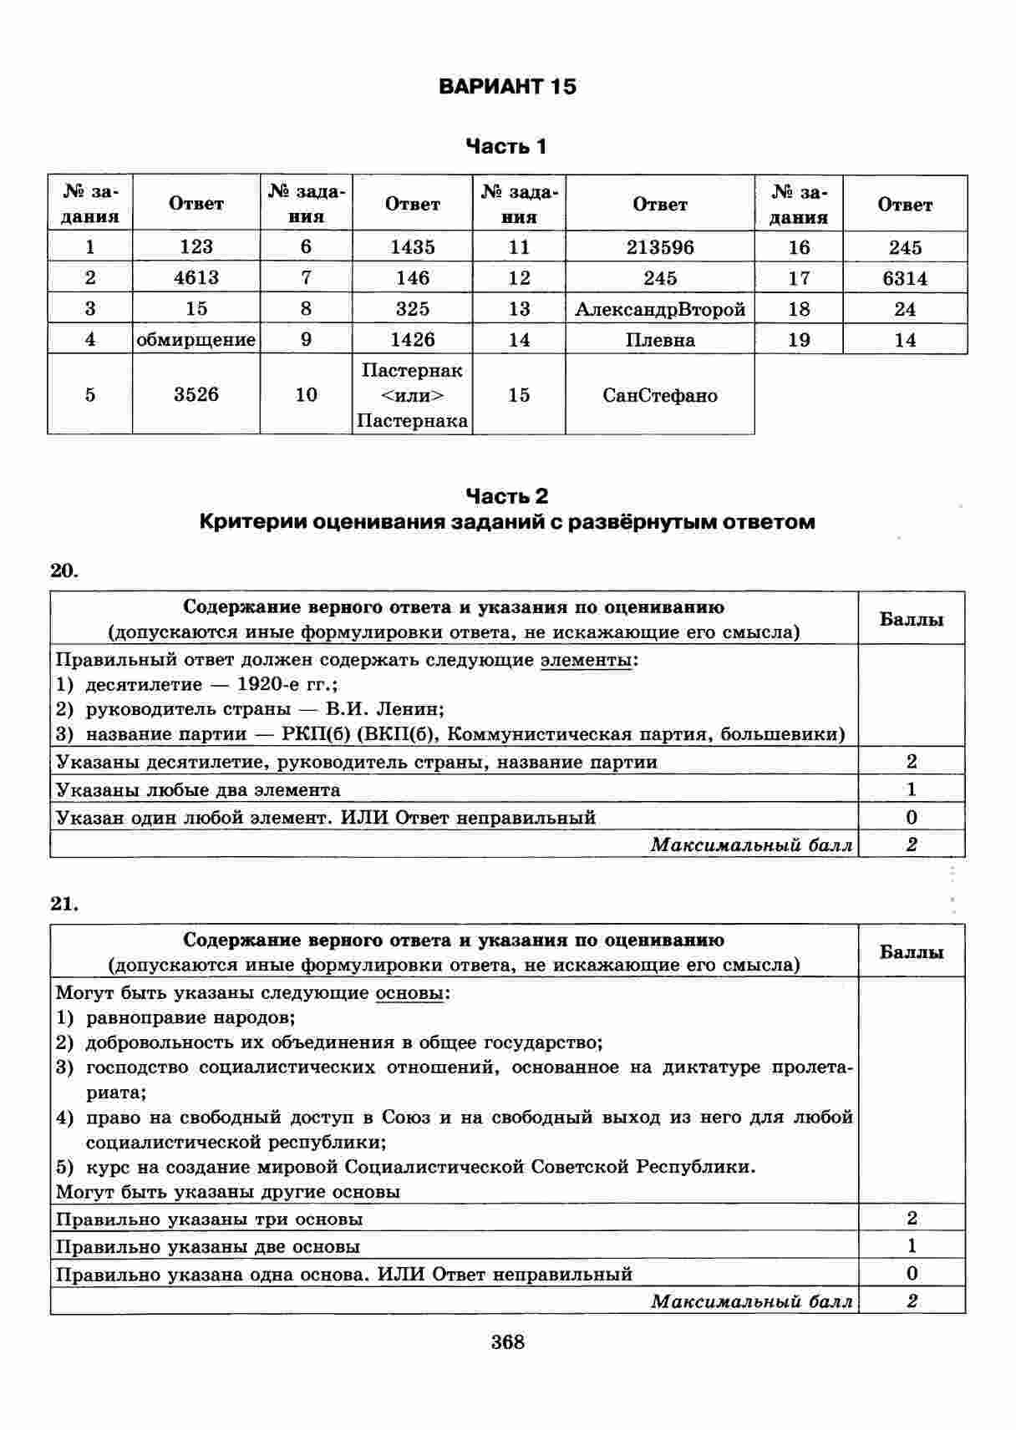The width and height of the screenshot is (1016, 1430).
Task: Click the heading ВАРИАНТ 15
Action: (507, 87)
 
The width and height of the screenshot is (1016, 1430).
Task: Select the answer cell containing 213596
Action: (659, 247)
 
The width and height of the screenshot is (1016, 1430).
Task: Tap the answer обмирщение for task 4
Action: (196, 340)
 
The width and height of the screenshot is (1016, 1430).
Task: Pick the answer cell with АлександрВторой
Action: (659, 309)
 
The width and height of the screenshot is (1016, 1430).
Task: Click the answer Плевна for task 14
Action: (659, 340)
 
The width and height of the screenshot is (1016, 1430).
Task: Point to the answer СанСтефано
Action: (659, 395)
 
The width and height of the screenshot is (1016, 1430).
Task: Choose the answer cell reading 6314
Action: (905, 278)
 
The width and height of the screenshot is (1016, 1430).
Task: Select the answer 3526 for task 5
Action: (196, 394)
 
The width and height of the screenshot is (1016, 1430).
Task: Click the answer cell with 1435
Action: (412, 247)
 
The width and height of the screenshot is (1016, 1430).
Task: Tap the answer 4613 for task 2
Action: (196, 278)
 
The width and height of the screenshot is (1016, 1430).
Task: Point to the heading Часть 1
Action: (506, 147)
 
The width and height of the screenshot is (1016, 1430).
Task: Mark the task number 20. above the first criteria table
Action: (64, 570)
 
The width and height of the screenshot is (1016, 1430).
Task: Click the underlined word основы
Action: (410, 993)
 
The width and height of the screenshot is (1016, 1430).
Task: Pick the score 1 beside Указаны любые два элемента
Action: (911, 789)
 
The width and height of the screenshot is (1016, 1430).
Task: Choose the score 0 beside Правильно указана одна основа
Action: (912, 1274)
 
